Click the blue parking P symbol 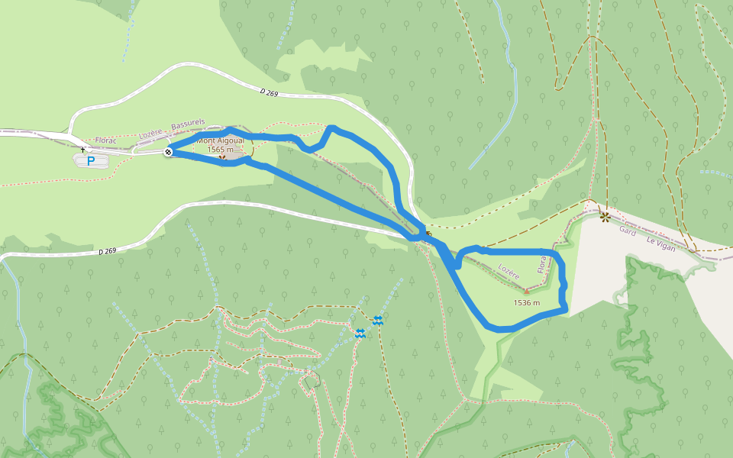[x=92, y=160]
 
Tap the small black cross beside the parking [x=83, y=149]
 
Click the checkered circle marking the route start [x=168, y=153]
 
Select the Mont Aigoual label [x=221, y=140]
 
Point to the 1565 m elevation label [x=221, y=150]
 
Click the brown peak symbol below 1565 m [x=222, y=158]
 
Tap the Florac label [x=106, y=141]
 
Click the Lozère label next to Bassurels [x=150, y=134]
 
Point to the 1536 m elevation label [x=527, y=302]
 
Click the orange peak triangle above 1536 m [x=526, y=291]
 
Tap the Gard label [x=628, y=230]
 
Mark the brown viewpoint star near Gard [x=605, y=217]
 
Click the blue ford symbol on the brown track [x=377, y=319]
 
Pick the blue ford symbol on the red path [x=360, y=333]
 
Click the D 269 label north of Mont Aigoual [x=269, y=92]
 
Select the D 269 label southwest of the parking [x=107, y=251]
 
